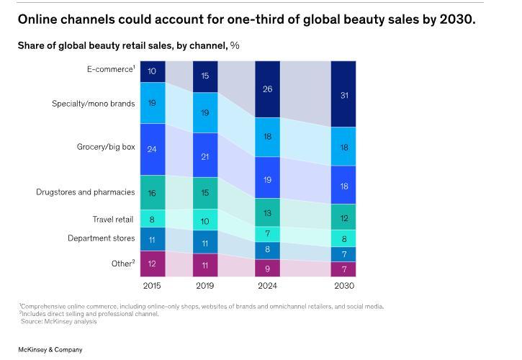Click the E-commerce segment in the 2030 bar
coord(343,94)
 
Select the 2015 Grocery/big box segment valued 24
coord(152,149)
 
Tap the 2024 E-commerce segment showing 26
coord(267,89)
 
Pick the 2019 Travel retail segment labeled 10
coord(205,221)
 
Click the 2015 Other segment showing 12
coord(152,264)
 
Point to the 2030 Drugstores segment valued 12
coord(343,218)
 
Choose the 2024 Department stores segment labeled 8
coord(267,250)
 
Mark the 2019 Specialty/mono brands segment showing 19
coord(205,113)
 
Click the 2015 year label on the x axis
coord(152,286)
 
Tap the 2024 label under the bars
coord(267,286)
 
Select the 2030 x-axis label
coord(343,286)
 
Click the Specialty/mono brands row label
coord(93,104)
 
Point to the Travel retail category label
coord(112,220)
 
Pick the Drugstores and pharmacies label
coord(85,192)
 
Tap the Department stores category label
coord(101,238)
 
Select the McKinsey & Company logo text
coord(50,350)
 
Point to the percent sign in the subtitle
coord(235,45)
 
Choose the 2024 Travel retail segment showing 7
coord(267,233)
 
